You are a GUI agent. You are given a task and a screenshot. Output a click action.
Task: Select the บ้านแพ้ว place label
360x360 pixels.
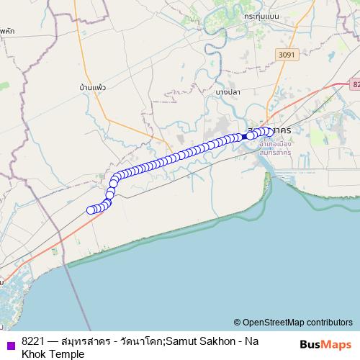(93, 87)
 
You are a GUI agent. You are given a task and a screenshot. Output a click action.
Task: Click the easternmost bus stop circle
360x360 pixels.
(269, 131)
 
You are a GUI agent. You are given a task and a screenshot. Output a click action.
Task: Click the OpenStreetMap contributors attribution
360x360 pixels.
(297, 322)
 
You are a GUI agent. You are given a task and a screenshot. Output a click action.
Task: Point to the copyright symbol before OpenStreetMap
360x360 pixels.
(237, 322)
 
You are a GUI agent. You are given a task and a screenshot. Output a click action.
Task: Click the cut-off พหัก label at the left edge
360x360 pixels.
(6, 32)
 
